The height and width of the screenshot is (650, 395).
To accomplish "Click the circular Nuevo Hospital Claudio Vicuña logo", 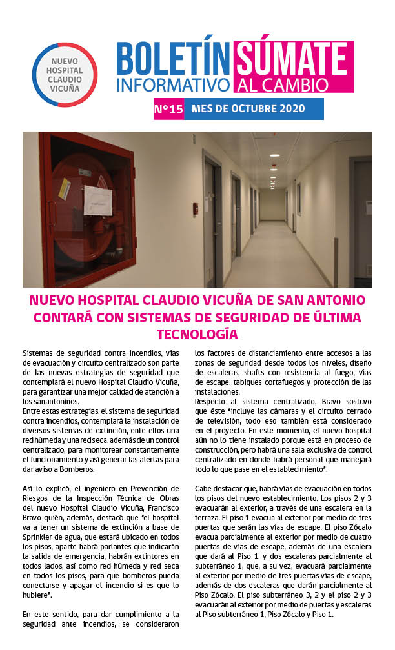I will click(65, 74).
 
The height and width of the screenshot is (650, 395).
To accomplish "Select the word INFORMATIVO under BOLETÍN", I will click(173, 84).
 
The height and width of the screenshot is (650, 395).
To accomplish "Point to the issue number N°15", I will click(168, 109).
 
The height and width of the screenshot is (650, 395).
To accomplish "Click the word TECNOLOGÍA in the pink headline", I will click(197, 334).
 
